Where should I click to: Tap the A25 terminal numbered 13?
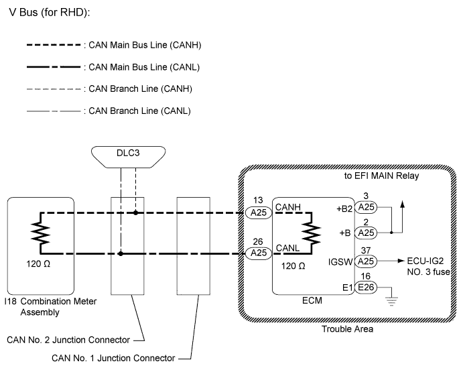click(258, 212)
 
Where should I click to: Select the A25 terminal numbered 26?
click(258, 253)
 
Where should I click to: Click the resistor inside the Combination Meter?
click(40, 233)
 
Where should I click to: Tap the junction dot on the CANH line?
click(136, 212)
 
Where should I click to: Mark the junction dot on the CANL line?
click(121, 253)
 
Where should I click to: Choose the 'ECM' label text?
click(313, 301)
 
